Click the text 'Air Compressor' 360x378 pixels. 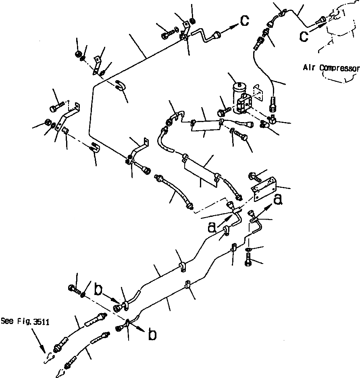[x=331, y=68]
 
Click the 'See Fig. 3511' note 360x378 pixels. [x=25, y=321]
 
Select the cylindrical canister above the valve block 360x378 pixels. [x=239, y=92]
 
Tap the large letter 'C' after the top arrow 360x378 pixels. [x=244, y=21]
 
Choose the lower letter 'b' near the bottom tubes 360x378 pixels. [x=152, y=334]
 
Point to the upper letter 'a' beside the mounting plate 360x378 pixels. [x=278, y=199]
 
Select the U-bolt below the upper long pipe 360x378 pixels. [x=120, y=85]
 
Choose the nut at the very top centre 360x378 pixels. [x=192, y=21]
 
